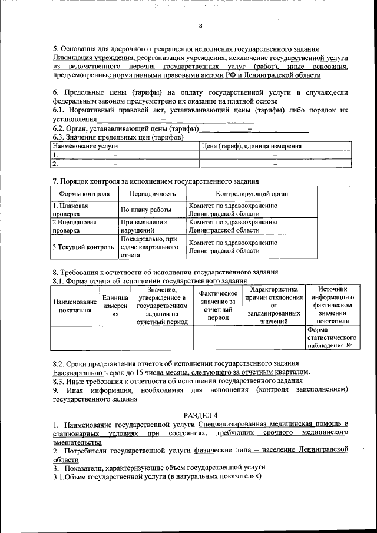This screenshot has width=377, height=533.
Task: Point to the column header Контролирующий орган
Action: click(x=252, y=193)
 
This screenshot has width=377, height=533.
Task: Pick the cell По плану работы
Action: click(x=146, y=210)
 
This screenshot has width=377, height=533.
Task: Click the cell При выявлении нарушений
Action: click(x=144, y=227)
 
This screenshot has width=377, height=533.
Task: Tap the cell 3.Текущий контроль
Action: click(x=82, y=247)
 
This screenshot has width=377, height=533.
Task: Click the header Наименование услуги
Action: click(x=86, y=145)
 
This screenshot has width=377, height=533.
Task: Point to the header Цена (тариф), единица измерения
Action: click(x=252, y=145)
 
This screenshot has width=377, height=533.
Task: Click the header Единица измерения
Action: click(x=115, y=306)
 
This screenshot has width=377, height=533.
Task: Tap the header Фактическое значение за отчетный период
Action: click(x=218, y=305)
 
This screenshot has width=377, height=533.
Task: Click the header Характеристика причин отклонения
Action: click(x=274, y=305)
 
